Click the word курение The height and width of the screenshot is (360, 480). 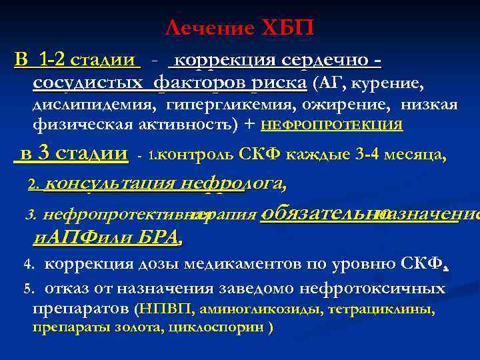coord(389,83)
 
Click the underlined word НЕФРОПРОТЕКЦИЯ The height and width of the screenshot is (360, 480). coord(331,125)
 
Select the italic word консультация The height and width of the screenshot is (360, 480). coord(112,183)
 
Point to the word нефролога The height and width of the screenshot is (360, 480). coord(235,183)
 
